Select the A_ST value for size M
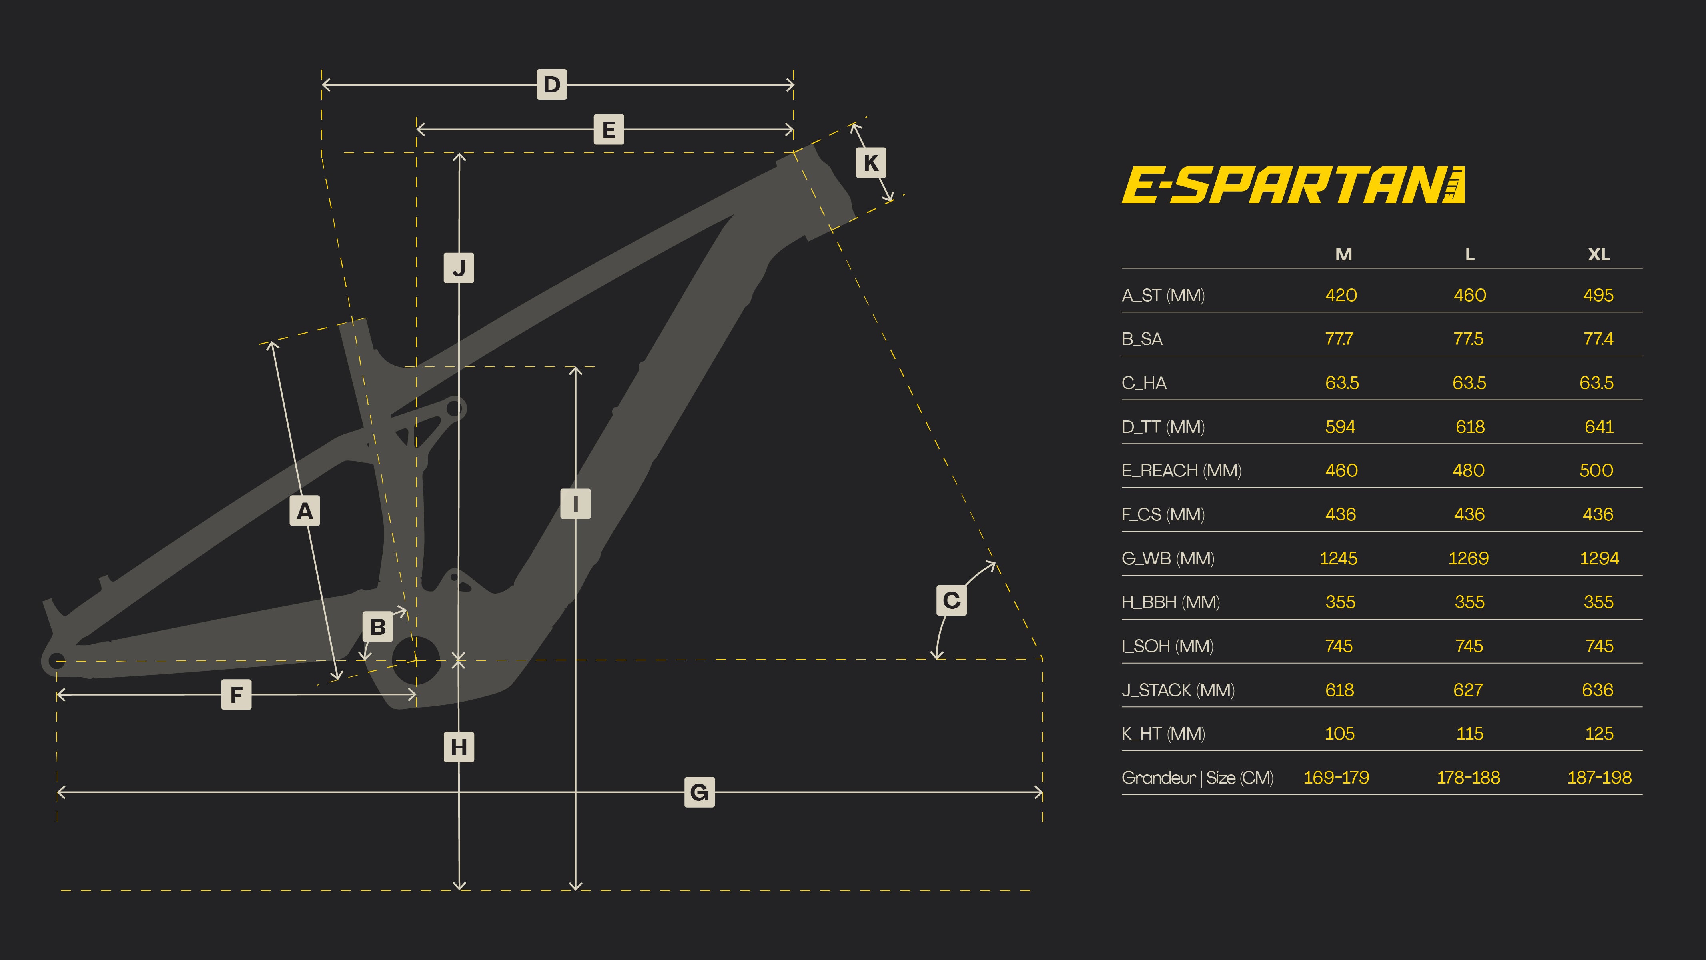pos(1341,296)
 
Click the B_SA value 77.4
pos(1598,339)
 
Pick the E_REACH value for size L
pos(1468,470)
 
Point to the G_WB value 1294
pos(1599,558)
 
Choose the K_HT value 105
pos(1339,734)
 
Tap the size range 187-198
pos(1599,778)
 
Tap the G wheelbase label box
pos(699,792)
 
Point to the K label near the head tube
pos(870,162)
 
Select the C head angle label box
pos(951,601)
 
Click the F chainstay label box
pos(236,695)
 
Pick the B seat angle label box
pos(377,627)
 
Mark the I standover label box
pos(575,504)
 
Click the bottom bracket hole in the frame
pos(416,660)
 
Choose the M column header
pos(1343,254)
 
